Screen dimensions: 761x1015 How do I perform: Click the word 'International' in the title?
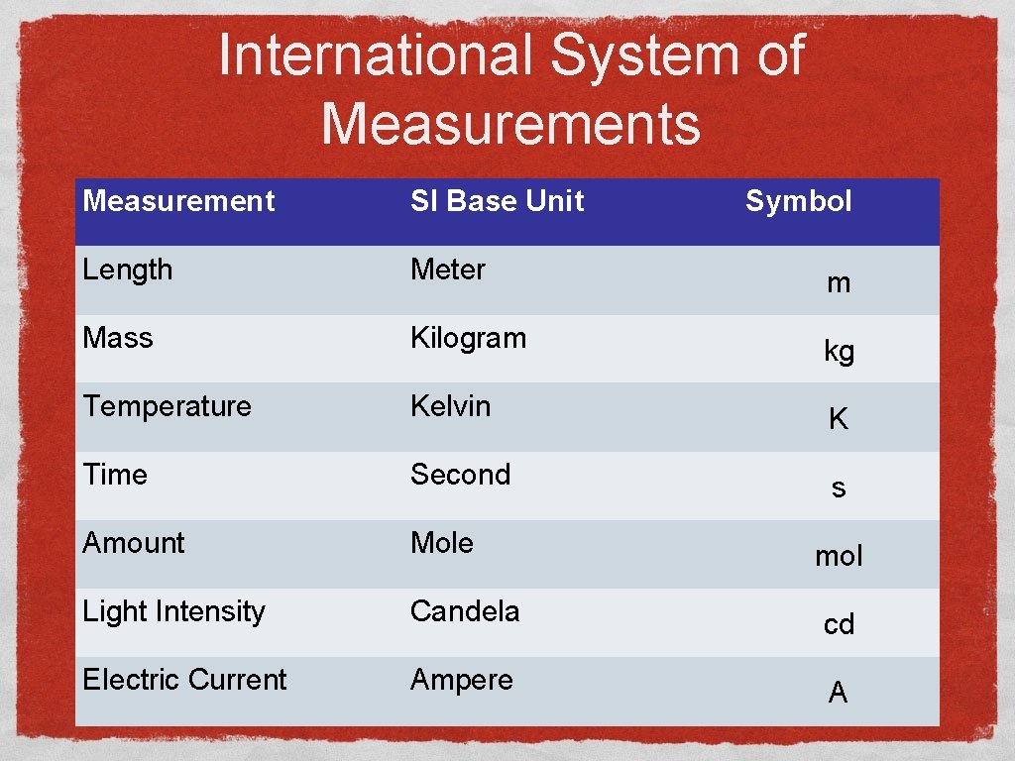pos(376,54)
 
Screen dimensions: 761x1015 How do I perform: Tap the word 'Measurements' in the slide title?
pos(510,125)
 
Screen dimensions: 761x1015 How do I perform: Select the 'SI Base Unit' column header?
pos(497,201)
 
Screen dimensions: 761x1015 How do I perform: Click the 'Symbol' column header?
pos(798,201)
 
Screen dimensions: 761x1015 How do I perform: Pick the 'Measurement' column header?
pos(178,201)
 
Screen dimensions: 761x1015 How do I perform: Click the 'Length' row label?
pos(128,270)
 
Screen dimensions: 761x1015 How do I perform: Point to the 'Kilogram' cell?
pos(468,338)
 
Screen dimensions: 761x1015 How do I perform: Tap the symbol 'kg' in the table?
pos(839,351)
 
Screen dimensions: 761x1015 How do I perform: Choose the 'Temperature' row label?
pos(167,406)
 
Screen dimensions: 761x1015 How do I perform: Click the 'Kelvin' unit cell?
pos(450,406)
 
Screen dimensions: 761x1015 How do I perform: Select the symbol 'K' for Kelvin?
pos(839,419)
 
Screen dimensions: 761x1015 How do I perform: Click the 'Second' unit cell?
pos(460,475)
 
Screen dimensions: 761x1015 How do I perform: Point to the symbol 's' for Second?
pos(839,488)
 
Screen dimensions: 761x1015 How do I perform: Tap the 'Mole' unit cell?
pos(442,543)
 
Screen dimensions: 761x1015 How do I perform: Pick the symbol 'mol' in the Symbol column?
pos(839,556)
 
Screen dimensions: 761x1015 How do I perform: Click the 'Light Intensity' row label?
pos(173,611)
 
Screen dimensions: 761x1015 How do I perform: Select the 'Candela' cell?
pos(464,611)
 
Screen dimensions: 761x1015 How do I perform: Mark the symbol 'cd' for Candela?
pos(839,624)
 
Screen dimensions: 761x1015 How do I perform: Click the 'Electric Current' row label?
pos(184,680)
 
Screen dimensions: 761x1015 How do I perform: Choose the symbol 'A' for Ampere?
pos(839,693)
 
